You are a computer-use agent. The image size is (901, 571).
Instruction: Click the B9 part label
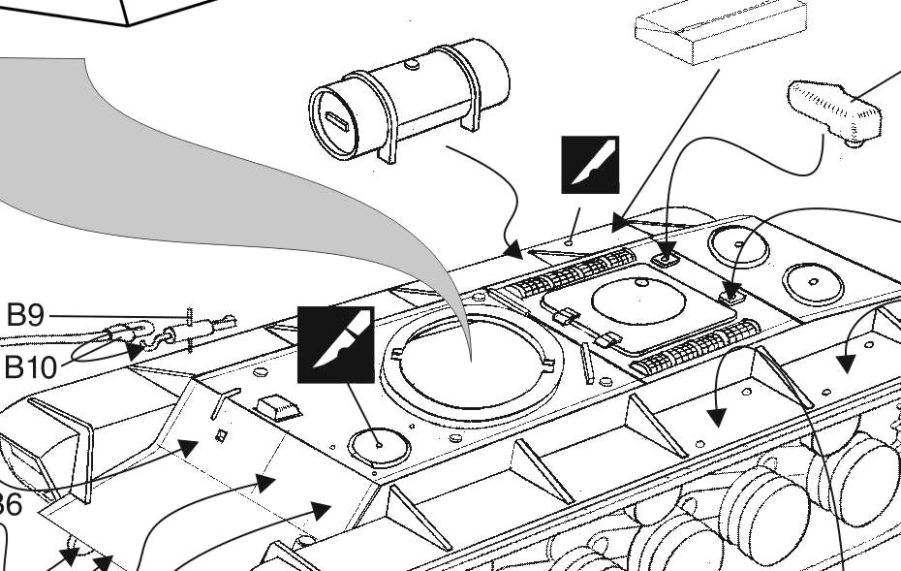tap(25, 316)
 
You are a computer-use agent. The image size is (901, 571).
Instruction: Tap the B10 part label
tap(31, 367)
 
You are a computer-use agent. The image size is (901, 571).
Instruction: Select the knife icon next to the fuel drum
tap(590, 165)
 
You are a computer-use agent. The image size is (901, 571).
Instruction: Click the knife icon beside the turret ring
tap(335, 344)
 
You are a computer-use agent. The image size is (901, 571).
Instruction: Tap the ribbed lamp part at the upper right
tap(833, 110)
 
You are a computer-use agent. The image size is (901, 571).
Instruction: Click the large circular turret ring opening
tap(470, 363)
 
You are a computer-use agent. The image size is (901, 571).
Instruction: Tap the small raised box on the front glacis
tap(278, 406)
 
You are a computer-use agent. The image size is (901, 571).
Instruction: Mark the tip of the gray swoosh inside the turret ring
tap(471, 359)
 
